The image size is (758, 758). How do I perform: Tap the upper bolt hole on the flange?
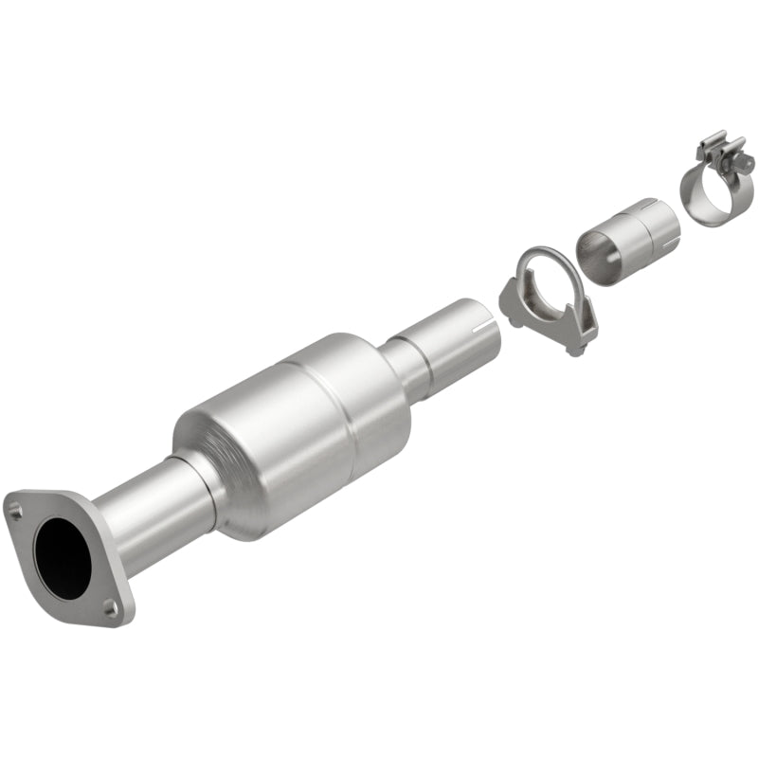point(15,510)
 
